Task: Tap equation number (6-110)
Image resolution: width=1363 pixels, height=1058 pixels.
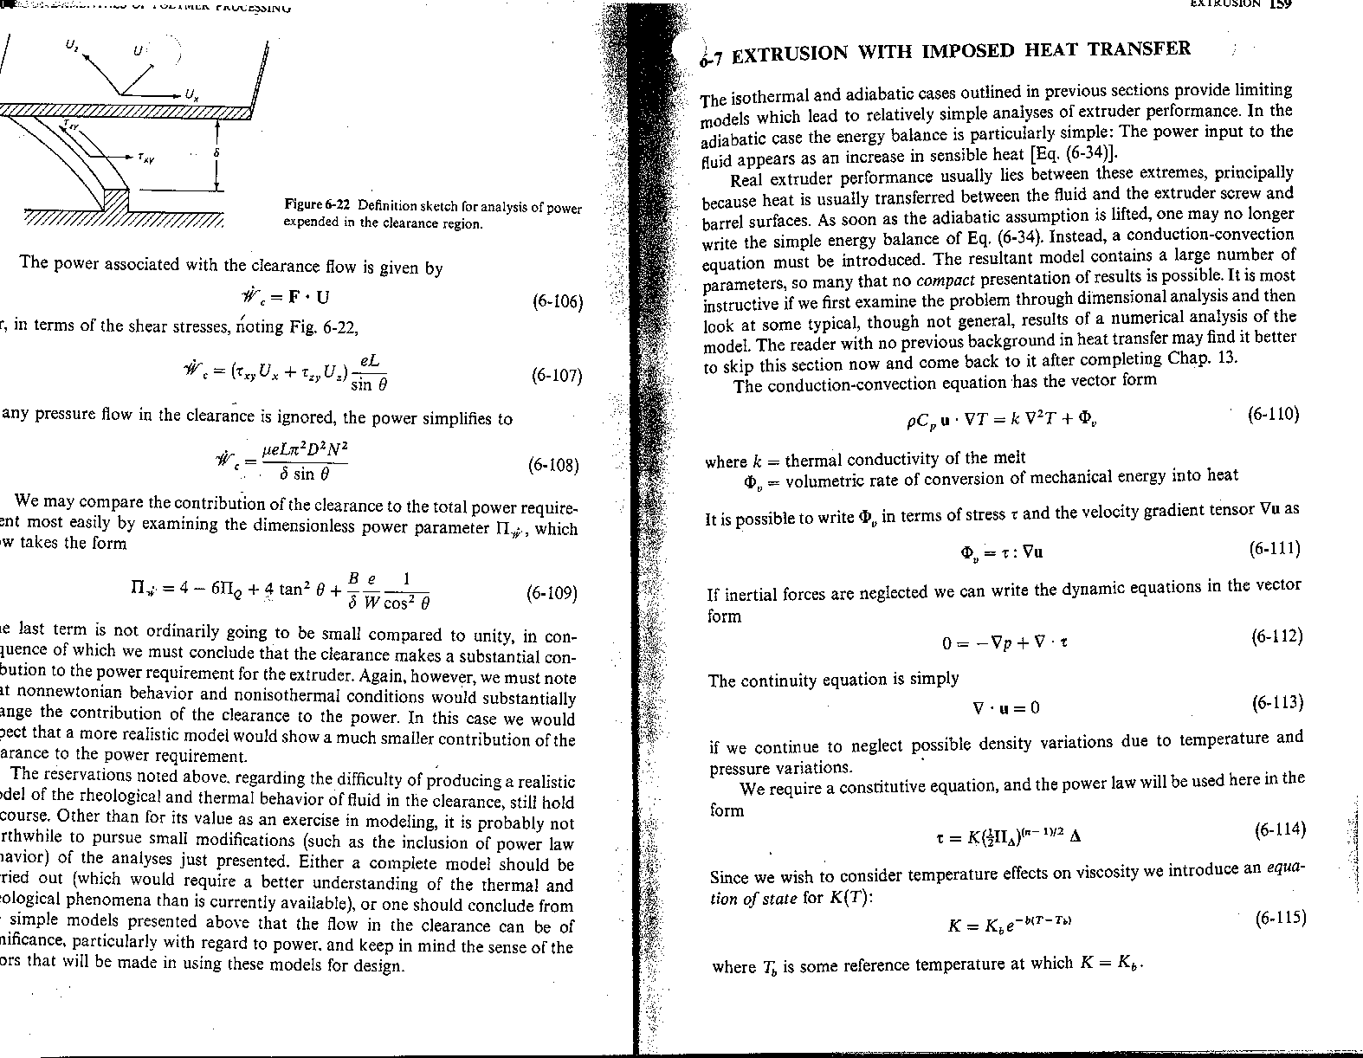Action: point(1273,414)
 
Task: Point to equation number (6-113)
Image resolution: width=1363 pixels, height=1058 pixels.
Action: point(1277,701)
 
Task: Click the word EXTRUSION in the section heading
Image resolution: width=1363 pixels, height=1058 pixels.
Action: point(789,55)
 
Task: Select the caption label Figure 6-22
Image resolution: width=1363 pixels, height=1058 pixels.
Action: point(319,206)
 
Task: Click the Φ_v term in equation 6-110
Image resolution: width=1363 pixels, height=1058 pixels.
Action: point(1088,420)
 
